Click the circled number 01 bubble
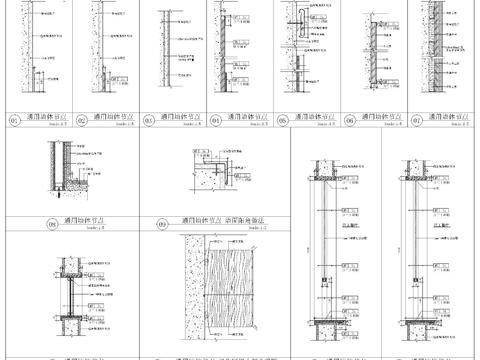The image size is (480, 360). [x=13, y=120]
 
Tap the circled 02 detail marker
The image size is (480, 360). [x=82, y=120]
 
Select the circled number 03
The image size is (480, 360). [x=149, y=120]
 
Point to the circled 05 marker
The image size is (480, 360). [x=283, y=120]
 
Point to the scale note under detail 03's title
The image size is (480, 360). [x=178, y=124]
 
